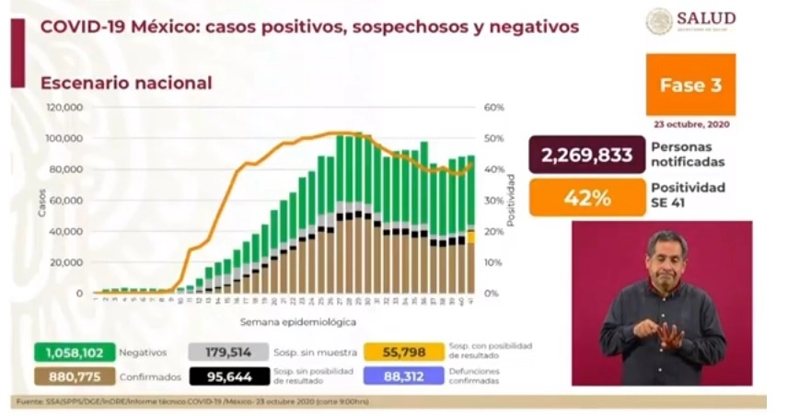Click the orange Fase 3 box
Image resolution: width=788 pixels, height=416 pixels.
pos(690,85)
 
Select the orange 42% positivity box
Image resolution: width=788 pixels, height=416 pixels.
pos(586,196)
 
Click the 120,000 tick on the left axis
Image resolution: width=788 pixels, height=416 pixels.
pos(65,108)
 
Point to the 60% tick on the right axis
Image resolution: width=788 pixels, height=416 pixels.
pos(492,108)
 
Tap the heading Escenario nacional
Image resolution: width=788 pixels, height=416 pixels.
pos(126,83)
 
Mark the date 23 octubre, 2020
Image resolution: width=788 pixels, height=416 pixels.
pos(691,123)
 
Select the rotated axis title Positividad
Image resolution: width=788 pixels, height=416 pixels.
pos(511,201)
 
